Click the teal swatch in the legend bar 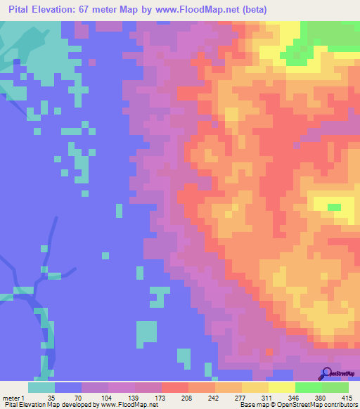pyautogui.click(x=41, y=387)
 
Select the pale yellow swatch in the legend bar pyautogui.click(x=281, y=387)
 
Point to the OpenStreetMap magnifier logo pyautogui.click(x=325, y=374)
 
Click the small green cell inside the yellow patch pyautogui.click(x=334, y=207)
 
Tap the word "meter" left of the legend pyautogui.click(x=11, y=397)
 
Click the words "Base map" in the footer pyautogui.click(x=255, y=405)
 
